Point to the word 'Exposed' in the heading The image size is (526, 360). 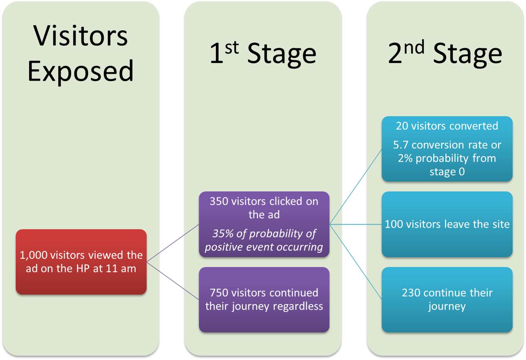(x=81, y=71)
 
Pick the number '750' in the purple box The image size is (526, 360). (x=219, y=293)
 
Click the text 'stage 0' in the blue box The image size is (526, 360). (x=447, y=172)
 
